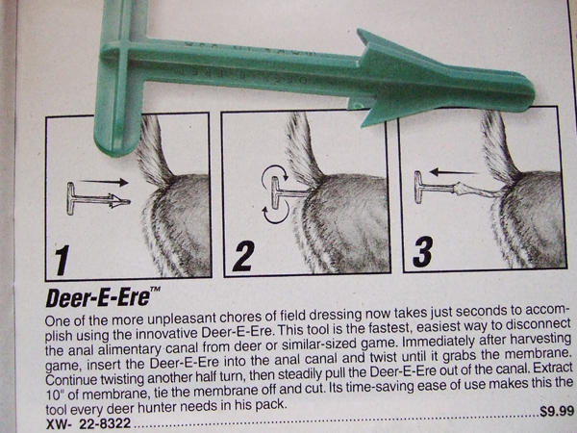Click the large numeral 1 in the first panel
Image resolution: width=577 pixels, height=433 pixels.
pyautogui.click(x=63, y=261)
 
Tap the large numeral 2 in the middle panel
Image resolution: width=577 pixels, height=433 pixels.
pyautogui.click(x=244, y=256)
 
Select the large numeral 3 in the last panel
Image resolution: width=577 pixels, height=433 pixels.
pyautogui.click(x=422, y=251)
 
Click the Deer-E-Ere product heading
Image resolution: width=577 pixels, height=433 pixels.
pyautogui.click(x=98, y=297)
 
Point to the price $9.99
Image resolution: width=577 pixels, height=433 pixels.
pyautogui.click(x=557, y=411)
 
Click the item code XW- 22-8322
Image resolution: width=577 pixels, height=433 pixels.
pyautogui.click(x=88, y=423)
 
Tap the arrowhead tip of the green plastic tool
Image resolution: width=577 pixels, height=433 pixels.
pyautogui.click(x=534, y=90)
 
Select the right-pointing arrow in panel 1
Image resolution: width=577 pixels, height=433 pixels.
pyautogui.click(x=104, y=182)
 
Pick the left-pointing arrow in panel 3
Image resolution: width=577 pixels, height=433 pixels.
pyautogui.click(x=453, y=171)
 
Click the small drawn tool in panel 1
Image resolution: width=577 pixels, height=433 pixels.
pyautogui.click(x=98, y=199)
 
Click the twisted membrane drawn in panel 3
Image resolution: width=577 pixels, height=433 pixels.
pyautogui.click(x=478, y=190)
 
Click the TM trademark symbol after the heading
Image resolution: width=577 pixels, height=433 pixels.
pyautogui.click(x=155, y=290)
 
